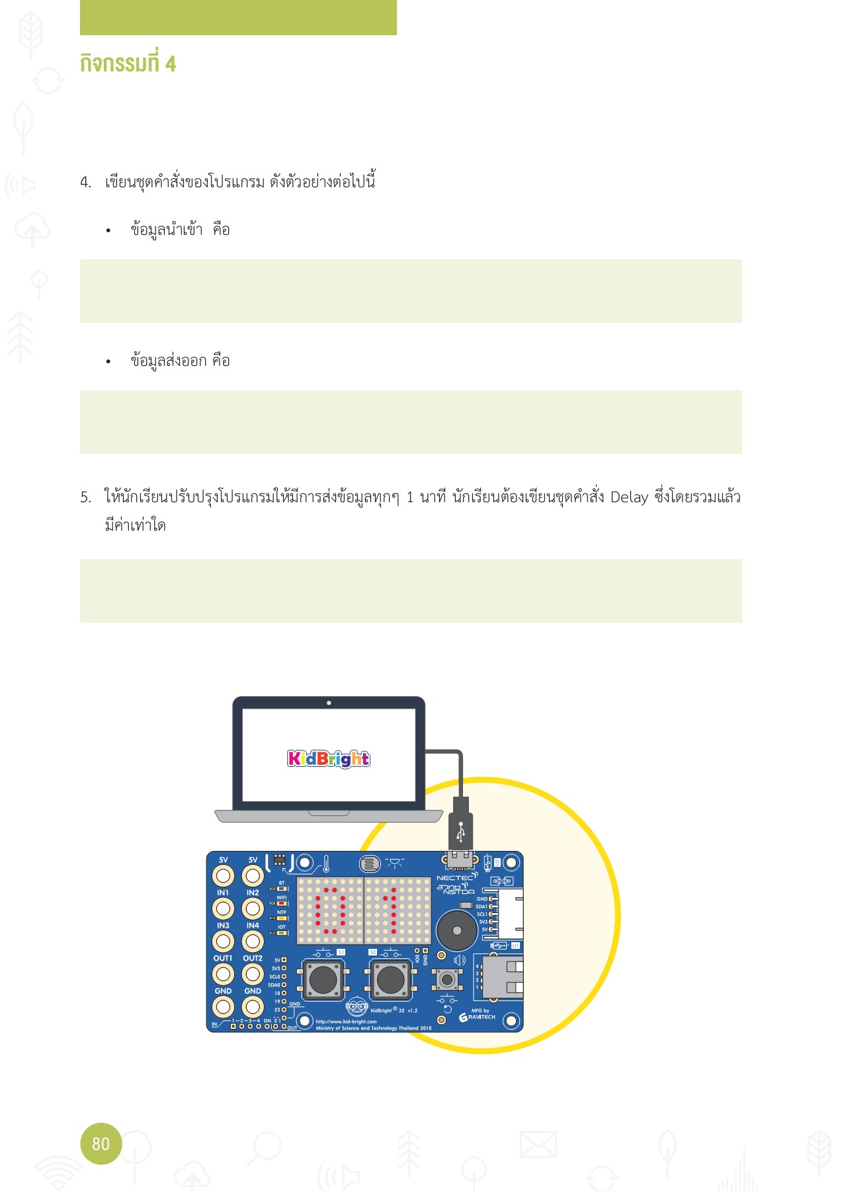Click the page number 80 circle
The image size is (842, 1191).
(101, 1143)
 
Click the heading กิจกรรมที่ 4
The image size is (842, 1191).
(128, 64)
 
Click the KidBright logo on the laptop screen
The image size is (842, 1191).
(329, 758)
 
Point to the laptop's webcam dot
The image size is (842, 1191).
(329, 703)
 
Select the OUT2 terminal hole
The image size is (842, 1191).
(253, 974)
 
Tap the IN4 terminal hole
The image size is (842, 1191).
(253, 941)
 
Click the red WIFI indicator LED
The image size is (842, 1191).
(282, 904)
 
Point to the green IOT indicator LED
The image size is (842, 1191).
(282, 933)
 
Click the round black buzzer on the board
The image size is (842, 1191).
(456, 930)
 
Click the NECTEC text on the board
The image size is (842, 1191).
(455, 878)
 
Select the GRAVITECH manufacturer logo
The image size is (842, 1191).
(478, 1017)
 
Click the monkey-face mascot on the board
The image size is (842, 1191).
(357, 1008)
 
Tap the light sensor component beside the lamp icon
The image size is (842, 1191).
(369, 863)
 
